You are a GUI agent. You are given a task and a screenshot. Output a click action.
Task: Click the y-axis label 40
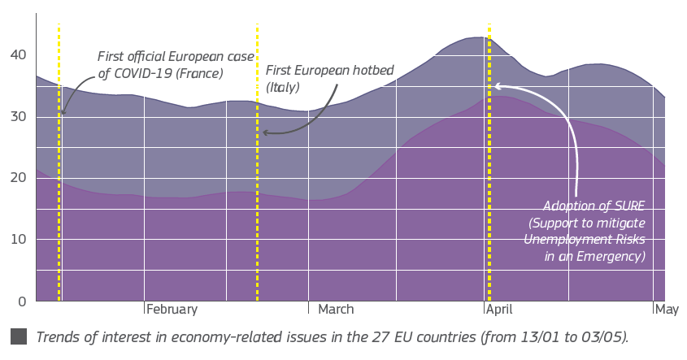tap(19, 55)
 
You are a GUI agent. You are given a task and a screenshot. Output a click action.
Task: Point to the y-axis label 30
tap(19, 117)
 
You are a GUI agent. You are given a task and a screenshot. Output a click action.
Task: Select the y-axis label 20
tap(19, 178)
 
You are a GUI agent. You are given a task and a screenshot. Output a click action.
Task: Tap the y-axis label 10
tap(19, 240)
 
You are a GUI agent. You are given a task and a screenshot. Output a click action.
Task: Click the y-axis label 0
tap(22, 301)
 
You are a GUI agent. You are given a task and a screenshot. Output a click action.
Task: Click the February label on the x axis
tap(172, 310)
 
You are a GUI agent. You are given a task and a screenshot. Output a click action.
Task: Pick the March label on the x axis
tap(336, 310)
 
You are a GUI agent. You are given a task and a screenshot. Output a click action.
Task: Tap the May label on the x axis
tap(667, 310)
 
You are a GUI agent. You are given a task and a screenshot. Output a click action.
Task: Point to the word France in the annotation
tap(202, 73)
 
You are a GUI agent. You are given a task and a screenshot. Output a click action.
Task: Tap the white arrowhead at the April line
tap(498, 85)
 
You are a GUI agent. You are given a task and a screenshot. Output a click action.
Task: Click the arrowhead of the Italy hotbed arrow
tap(266, 132)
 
